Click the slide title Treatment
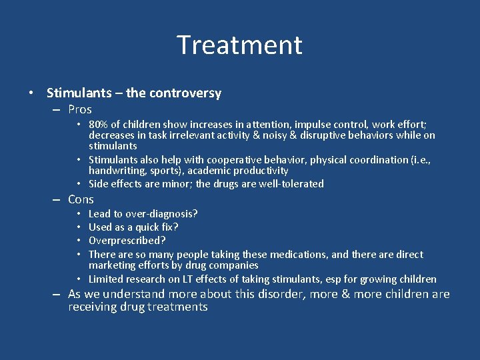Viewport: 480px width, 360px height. pos(239,45)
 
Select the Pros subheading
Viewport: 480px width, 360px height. pos(80,109)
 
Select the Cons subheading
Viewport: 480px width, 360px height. pos(81,199)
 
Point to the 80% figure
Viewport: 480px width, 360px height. pos(99,124)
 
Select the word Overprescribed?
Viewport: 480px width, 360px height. pos(127,241)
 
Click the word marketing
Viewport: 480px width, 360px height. pos(113,266)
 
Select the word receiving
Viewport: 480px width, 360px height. pos(91,307)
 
